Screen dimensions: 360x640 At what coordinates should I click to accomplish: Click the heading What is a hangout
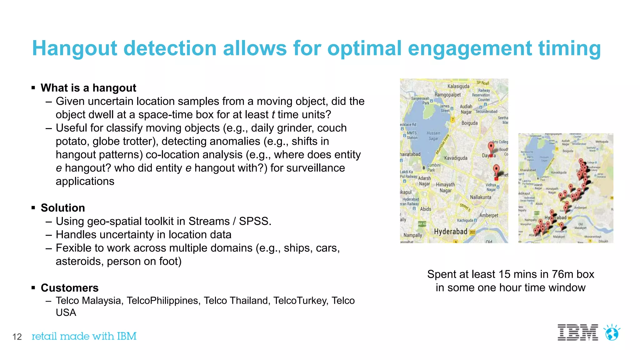point(88,88)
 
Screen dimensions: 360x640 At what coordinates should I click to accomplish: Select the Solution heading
point(63,208)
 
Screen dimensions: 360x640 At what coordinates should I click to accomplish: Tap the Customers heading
point(70,288)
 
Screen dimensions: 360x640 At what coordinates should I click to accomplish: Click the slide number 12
point(17,337)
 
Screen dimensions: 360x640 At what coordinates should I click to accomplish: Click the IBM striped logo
point(578,332)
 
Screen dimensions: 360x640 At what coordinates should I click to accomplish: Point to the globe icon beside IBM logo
point(612,333)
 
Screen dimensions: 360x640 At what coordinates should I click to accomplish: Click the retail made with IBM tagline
point(84,336)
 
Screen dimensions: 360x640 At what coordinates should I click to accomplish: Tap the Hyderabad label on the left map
point(451,232)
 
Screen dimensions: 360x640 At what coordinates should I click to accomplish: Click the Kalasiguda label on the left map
point(458,86)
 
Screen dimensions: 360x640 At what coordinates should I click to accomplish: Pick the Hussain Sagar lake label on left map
point(433,136)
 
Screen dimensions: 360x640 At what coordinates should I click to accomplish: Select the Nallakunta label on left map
point(481,197)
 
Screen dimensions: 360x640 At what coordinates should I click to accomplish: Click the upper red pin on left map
point(491,147)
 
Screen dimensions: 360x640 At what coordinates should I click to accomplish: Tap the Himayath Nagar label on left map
point(445,187)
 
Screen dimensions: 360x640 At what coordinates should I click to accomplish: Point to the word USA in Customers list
point(66,312)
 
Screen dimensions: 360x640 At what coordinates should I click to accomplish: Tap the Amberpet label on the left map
point(489,215)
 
